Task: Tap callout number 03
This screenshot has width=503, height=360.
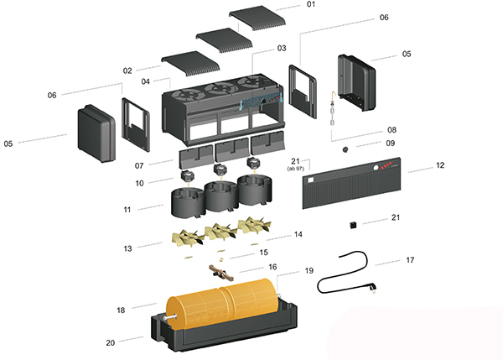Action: [282, 48]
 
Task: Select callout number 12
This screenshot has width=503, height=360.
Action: [439, 166]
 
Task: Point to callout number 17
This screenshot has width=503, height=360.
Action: [409, 261]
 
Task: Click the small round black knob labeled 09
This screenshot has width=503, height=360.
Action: [344, 149]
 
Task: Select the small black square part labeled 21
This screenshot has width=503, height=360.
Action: [354, 225]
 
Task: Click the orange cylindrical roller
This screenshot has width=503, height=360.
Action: [223, 305]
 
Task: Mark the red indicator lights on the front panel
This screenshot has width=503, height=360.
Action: [386, 170]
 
